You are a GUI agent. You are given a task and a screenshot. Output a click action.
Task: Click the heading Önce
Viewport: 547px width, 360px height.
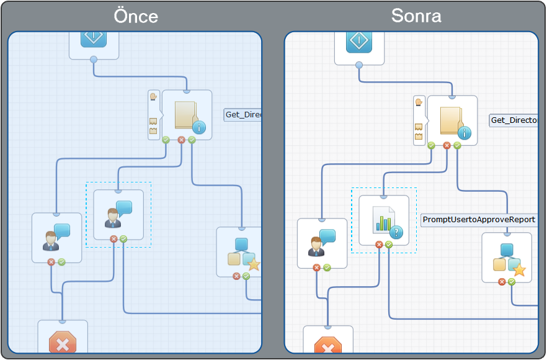point(136,16)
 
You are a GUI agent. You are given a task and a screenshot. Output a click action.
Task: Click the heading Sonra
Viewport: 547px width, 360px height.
point(416,16)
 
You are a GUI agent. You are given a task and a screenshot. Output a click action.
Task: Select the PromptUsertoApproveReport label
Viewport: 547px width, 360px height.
point(478,220)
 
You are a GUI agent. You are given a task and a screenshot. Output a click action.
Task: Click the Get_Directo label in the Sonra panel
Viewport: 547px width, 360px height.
point(514,120)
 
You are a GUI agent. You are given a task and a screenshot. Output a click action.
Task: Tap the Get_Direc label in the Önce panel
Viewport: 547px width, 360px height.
point(242,115)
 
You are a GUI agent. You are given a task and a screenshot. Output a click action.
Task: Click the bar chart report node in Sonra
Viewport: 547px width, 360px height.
point(384,220)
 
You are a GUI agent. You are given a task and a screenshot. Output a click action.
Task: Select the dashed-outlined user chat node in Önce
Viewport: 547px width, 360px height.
point(118,214)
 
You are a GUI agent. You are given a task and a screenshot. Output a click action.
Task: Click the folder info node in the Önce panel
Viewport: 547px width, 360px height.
point(187,115)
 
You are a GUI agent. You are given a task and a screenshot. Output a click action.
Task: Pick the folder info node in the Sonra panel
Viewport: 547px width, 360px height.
point(452,120)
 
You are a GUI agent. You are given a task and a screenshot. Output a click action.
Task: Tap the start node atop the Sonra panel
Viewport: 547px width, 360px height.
point(359,43)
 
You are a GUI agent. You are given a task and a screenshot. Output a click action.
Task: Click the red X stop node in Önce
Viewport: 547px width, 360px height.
point(63,340)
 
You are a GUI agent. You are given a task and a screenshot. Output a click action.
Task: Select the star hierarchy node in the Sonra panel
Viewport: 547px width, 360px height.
point(507,257)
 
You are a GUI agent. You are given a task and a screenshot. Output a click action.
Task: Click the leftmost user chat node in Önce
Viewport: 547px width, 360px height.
point(56,237)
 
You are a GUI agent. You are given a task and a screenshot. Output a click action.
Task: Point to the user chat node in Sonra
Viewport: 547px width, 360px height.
point(322,243)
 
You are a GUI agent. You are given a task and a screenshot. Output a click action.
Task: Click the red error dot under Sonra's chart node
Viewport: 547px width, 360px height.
point(379,245)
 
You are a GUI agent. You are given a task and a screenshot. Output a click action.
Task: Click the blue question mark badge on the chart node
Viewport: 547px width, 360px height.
point(397,232)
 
